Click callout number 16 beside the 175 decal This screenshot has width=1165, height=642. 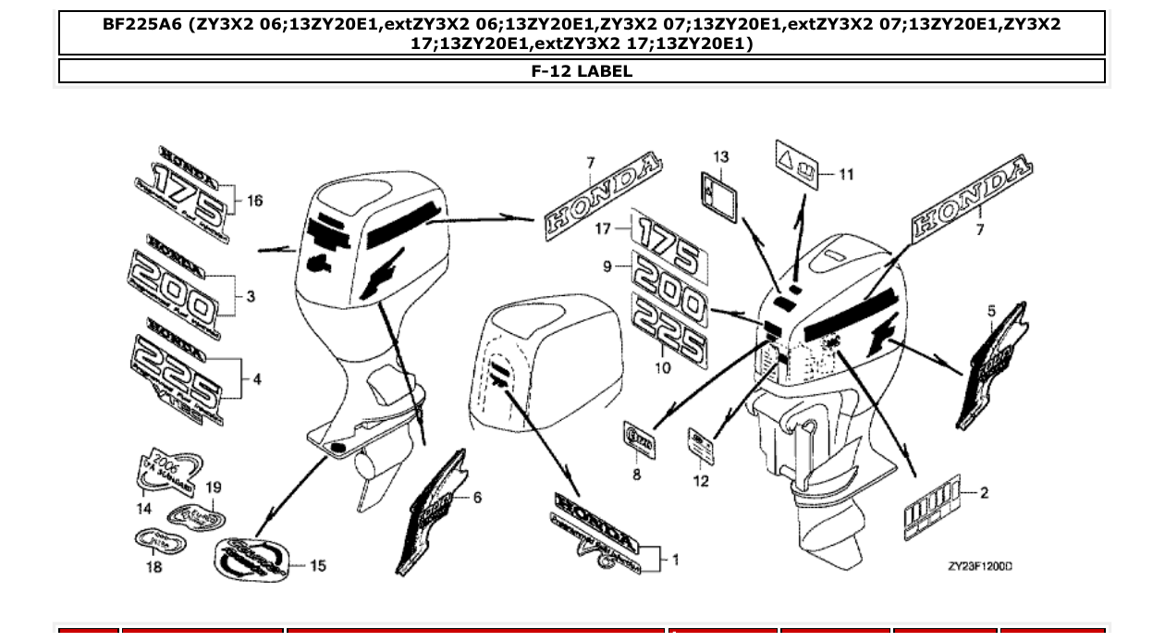(x=254, y=201)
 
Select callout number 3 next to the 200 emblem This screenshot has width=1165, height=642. (x=251, y=297)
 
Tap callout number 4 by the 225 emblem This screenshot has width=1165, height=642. (x=256, y=378)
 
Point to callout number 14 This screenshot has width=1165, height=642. (x=144, y=509)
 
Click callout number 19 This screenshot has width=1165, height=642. (x=214, y=488)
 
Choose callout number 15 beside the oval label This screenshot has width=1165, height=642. (x=318, y=565)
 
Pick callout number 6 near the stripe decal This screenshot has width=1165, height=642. (x=477, y=498)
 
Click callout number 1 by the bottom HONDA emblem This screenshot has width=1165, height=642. (x=676, y=559)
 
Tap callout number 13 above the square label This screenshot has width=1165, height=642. (x=721, y=157)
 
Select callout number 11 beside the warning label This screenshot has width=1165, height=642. (x=847, y=174)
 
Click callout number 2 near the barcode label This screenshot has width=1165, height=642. (x=984, y=493)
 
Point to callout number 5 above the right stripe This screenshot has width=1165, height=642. (x=991, y=312)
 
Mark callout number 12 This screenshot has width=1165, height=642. (x=701, y=481)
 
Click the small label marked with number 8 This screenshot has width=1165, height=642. (x=638, y=441)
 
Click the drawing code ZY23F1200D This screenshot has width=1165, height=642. (x=979, y=566)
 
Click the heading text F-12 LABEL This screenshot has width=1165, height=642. (x=582, y=71)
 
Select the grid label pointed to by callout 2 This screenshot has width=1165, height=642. (x=932, y=508)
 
